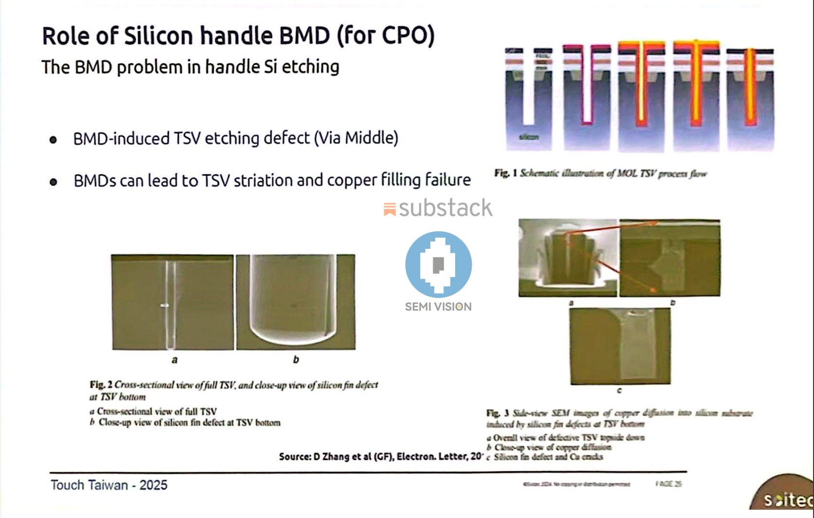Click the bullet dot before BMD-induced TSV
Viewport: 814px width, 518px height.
(53, 140)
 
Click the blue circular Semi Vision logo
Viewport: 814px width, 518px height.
(438, 264)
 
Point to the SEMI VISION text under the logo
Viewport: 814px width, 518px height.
(438, 307)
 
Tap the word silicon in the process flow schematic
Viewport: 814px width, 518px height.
(529, 137)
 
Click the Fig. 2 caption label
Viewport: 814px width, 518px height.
(101, 385)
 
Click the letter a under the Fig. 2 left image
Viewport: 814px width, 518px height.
(174, 360)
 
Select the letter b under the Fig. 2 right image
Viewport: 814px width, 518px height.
(296, 360)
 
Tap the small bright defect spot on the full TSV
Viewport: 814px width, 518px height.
(165, 306)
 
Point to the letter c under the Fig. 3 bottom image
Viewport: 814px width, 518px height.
(619, 390)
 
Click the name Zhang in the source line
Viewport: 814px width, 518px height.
(336, 457)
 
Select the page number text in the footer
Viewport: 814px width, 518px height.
(668, 484)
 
